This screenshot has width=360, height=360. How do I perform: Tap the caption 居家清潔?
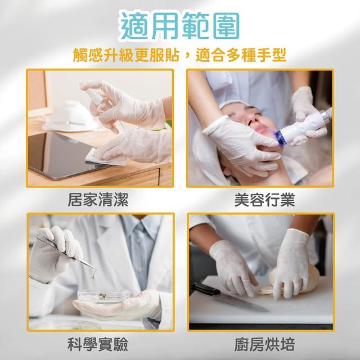coord(98,200)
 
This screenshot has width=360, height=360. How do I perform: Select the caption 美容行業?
coord(264,200)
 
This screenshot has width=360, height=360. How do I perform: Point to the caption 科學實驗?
coord(98,344)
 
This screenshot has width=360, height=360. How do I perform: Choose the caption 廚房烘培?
coord(264,344)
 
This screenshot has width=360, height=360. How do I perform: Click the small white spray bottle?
coord(95,96)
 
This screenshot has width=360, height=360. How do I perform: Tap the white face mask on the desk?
coord(71,116)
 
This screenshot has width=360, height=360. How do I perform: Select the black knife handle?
coord(205,289)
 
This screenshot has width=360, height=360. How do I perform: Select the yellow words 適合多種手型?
coord(241,55)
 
